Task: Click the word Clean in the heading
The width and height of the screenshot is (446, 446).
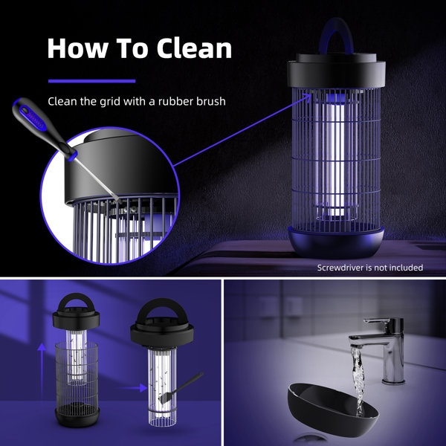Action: pyautogui.click(x=194, y=48)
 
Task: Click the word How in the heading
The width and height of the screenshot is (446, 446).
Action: pyautogui.click(x=75, y=48)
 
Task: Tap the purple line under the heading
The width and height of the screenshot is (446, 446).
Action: pyautogui.click(x=91, y=81)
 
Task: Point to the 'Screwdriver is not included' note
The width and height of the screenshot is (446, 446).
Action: pyautogui.click(x=369, y=268)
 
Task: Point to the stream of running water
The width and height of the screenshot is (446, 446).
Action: pyautogui.click(x=359, y=375)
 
